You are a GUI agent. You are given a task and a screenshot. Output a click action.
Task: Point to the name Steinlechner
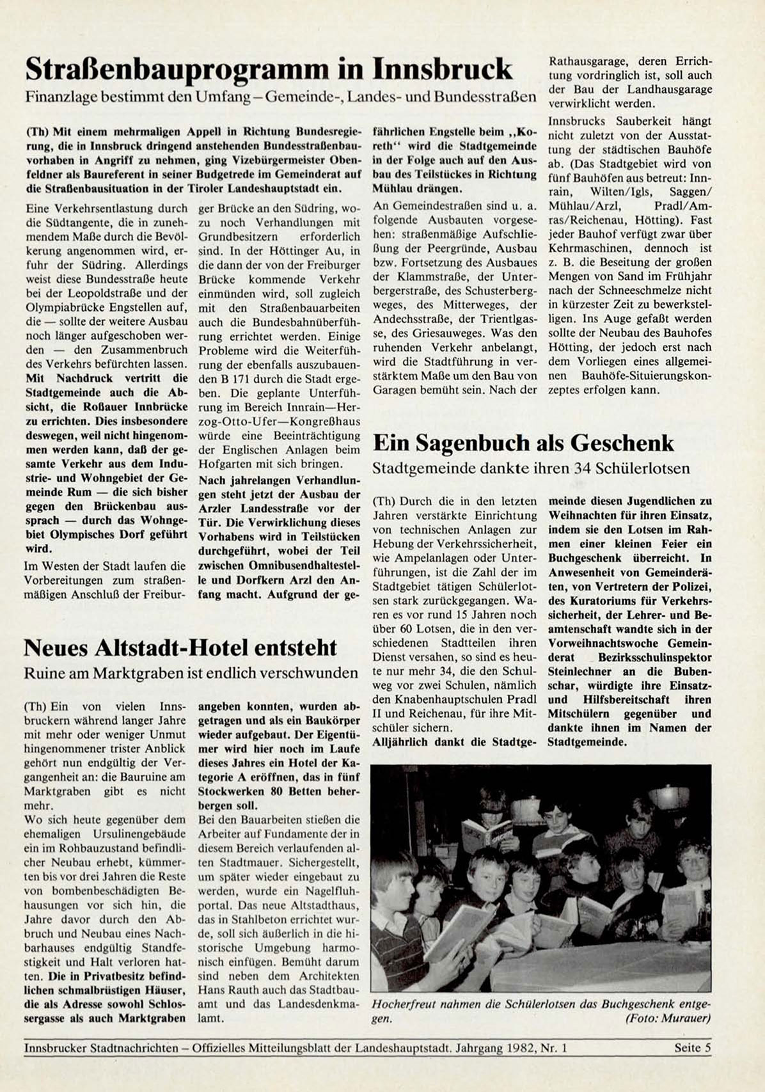tap(583, 671)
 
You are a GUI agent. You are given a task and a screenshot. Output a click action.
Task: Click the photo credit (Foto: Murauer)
tap(668, 1018)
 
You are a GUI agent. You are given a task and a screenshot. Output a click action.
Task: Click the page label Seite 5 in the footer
tap(692, 1048)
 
